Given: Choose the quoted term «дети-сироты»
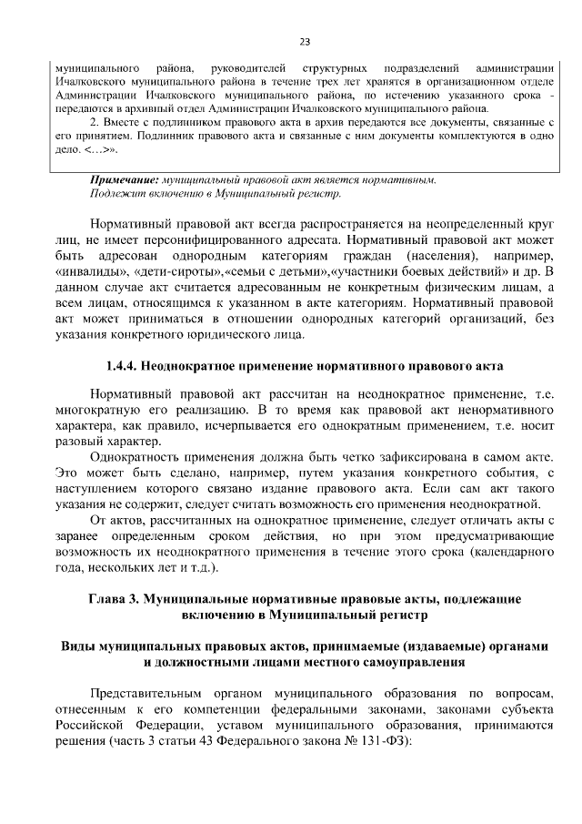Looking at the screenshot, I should click(x=161, y=272).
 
